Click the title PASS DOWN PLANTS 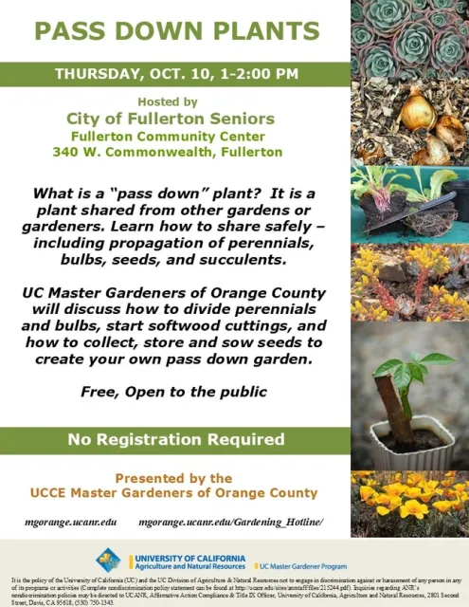176,30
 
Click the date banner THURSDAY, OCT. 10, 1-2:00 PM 176,73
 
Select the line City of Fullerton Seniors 171,119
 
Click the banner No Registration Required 176,440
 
